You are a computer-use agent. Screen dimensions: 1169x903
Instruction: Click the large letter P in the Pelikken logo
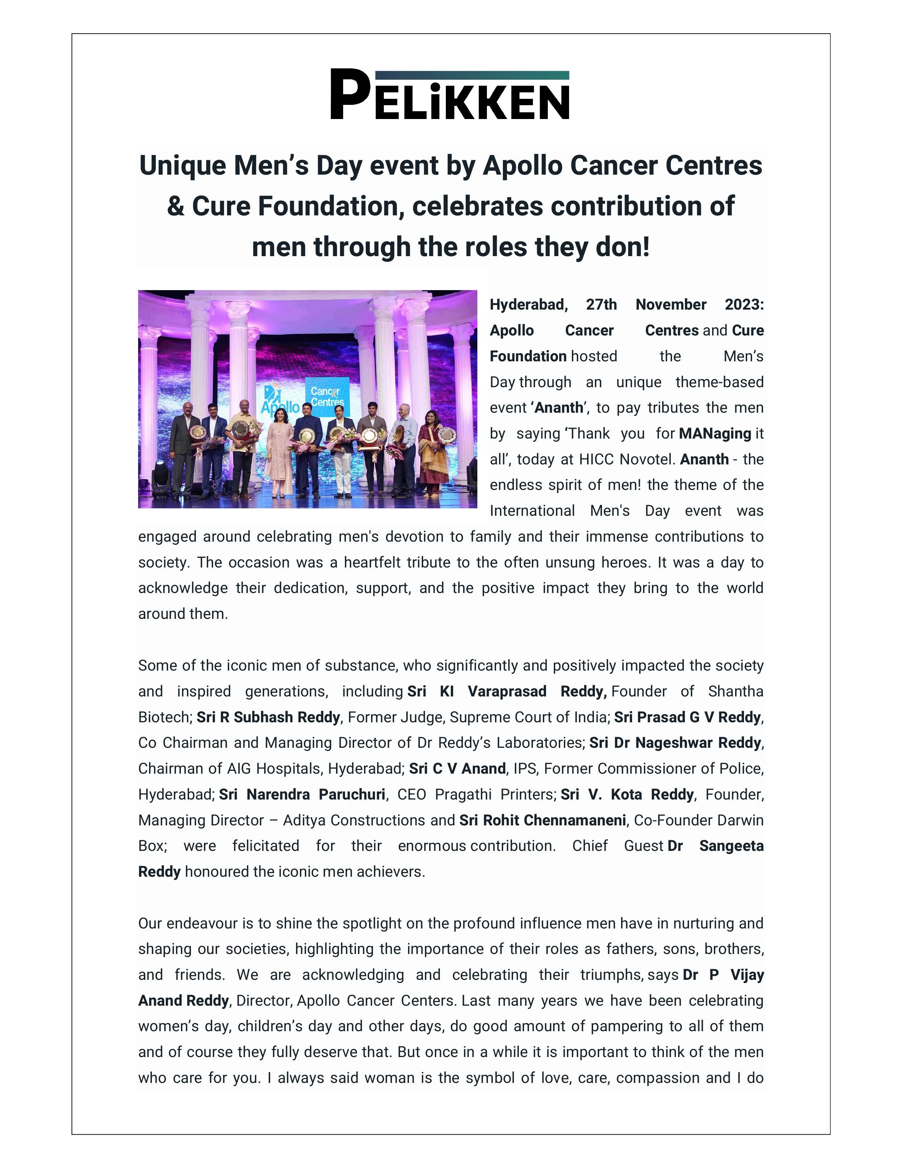(x=349, y=94)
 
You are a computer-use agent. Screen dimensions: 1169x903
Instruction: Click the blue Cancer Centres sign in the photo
(x=327, y=397)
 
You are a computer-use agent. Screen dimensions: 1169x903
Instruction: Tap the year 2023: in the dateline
(x=744, y=305)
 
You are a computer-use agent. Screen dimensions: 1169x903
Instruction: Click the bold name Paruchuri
(x=352, y=794)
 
